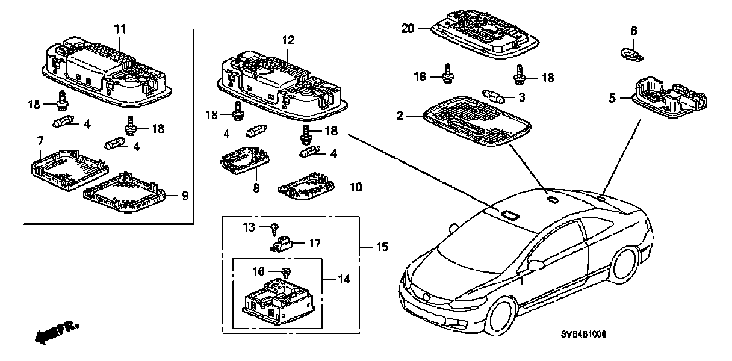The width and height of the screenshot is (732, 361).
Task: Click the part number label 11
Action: click(120, 28)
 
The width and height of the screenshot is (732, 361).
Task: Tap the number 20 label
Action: click(408, 28)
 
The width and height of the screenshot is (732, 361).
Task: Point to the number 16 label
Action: click(258, 272)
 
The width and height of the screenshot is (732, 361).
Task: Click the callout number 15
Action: click(382, 247)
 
